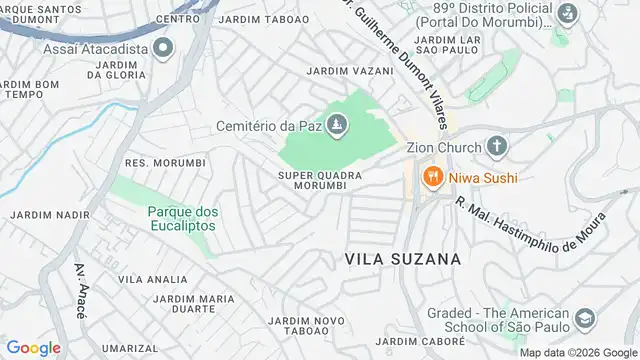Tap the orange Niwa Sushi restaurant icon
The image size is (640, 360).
(433, 178)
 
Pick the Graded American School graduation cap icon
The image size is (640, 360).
(585, 320)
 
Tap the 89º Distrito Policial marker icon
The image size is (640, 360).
(567, 14)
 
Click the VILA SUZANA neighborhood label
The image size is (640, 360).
(402, 258)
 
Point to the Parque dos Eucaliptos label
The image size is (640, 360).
(182, 218)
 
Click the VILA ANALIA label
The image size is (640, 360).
(152, 279)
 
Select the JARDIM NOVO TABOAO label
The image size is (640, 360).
(307, 326)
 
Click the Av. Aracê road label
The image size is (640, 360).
(80, 290)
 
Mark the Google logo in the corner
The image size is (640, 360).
(33, 348)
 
